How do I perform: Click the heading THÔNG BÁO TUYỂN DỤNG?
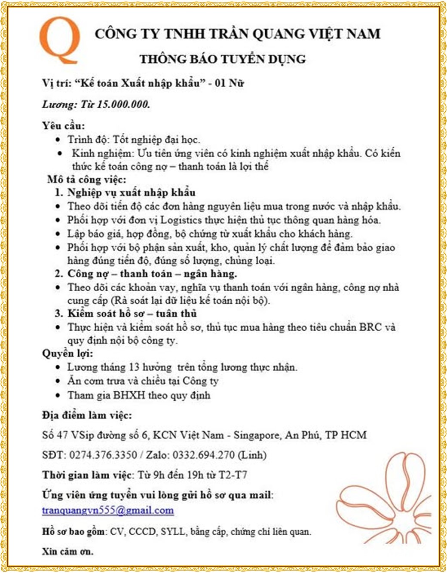click(x=222, y=59)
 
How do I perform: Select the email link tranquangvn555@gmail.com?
click(x=108, y=510)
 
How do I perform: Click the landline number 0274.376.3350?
click(x=103, y=455)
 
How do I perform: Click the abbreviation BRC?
click(x=370, y=327)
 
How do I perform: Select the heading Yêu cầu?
click(x=63, y=126)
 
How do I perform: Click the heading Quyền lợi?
click(x=67, y=354)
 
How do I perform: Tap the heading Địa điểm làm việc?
click(x=87, y=415)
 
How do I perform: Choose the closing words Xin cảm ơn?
click(x=67, y=551)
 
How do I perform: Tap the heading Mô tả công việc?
click(x=87, y=179)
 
